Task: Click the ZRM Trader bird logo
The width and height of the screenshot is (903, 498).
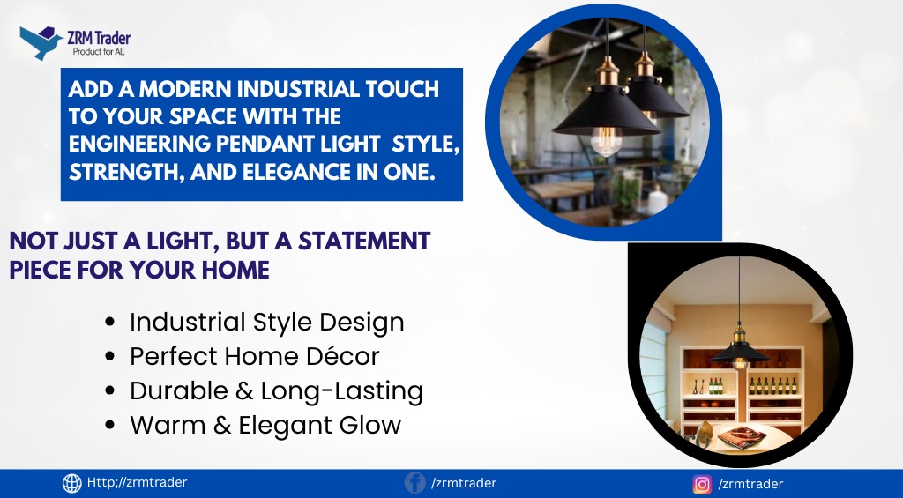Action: (41, 42)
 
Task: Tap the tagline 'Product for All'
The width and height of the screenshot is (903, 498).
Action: (99, 52)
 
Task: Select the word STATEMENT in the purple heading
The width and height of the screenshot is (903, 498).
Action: (364, 242)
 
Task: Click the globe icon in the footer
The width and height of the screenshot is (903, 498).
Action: (72, 484)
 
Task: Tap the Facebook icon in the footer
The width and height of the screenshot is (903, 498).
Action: (414, 482)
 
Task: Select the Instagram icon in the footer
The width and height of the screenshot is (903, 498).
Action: (701, 484)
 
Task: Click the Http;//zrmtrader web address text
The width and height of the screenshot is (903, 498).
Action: (137, 482)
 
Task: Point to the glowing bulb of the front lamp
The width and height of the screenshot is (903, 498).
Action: (606, 140)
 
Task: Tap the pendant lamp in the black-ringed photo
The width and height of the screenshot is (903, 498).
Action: (739, 346)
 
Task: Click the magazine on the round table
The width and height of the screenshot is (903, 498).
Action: (742, 439)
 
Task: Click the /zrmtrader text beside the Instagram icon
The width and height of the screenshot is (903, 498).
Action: (751, 484)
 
